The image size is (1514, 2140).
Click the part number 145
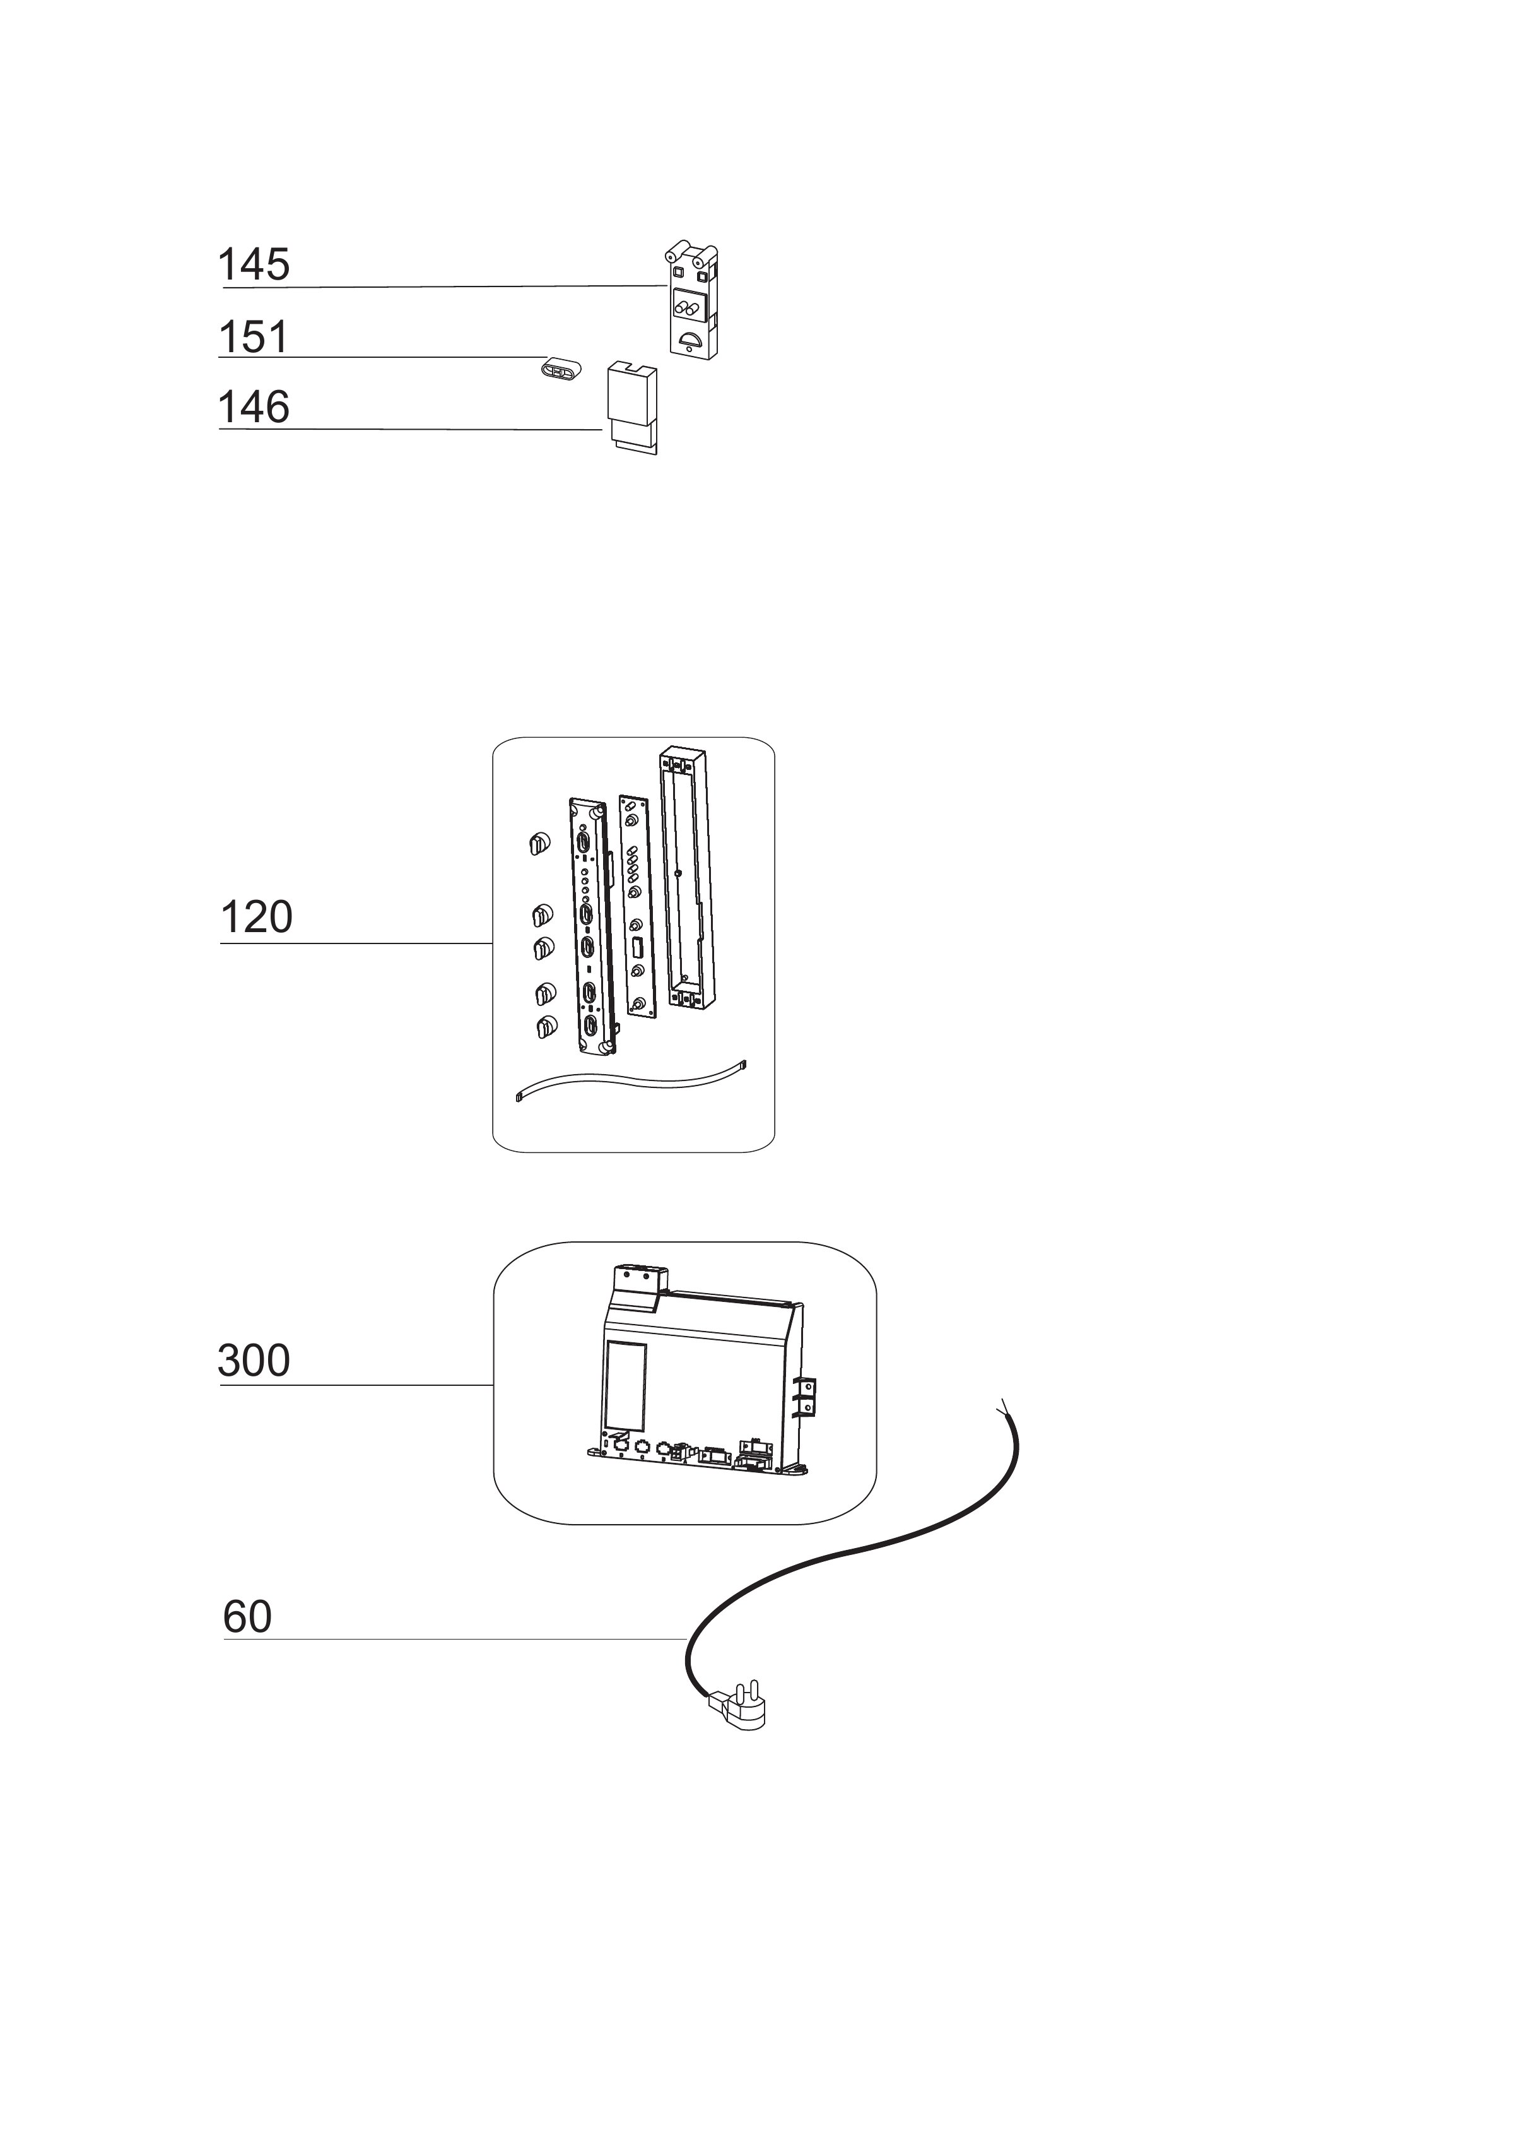pyautogui.click(x=254, y=265)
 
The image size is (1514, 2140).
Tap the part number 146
pyautogui.click(x=254, y=408)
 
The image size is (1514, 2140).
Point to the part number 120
pyautogui.click(x=256, y=918)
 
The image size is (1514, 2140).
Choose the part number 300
pyautogui.click(x=254, y=1361)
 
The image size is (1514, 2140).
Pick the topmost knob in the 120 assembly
pyautogui.click(x=536, y=845)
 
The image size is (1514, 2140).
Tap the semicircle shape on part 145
pyautogui.click(x=691, y=340)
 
